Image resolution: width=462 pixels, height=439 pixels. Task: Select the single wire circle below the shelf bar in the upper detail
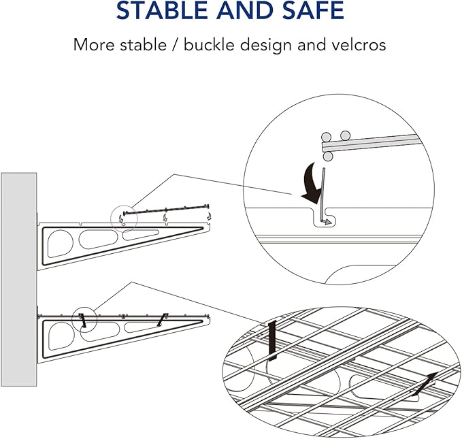pos(329,157)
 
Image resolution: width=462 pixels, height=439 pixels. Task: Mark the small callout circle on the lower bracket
pos(83,318)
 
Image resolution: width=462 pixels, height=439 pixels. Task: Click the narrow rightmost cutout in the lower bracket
pos(144,327)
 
